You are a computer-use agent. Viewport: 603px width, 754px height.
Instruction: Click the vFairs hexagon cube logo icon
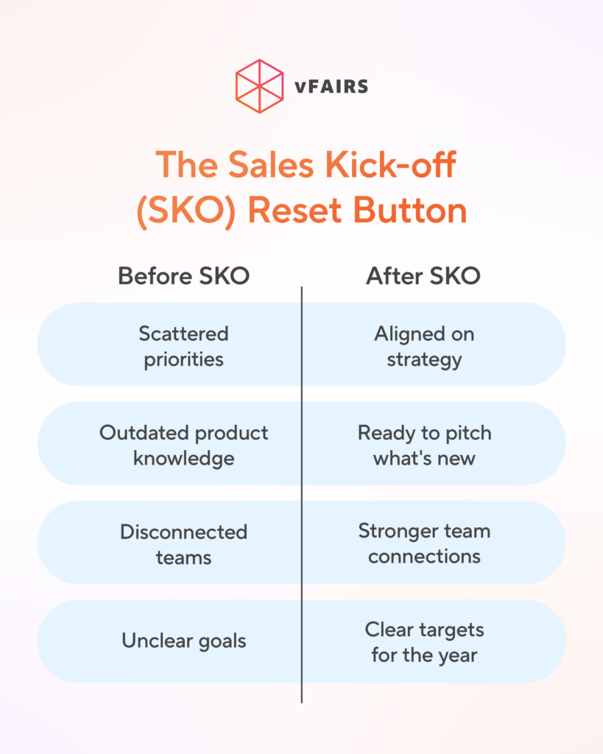click(259, 86)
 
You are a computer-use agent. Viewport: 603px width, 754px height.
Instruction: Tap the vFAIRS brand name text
click(331, 87)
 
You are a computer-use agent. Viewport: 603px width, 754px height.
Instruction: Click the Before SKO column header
click(183, 276)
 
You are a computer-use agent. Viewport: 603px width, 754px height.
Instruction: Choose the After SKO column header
click(423, 276)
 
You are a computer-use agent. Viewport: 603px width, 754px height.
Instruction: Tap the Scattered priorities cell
click(183, 346)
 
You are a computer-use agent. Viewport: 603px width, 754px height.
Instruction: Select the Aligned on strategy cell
click(424, 346)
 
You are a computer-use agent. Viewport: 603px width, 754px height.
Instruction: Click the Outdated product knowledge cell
click(183, 445)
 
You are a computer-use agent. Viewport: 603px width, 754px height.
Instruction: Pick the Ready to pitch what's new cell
click(424, 445)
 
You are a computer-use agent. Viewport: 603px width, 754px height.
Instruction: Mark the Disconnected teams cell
click(183, 544)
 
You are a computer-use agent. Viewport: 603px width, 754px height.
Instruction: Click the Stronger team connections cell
click(424, 543)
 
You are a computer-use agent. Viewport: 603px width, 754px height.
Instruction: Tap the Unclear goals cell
click(183, 641)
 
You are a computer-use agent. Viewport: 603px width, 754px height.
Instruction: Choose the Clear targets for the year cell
click(424, 641)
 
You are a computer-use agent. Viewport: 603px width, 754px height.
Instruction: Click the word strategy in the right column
click(424, 360)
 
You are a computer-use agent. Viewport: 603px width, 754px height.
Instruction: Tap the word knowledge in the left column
click(183, 458)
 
